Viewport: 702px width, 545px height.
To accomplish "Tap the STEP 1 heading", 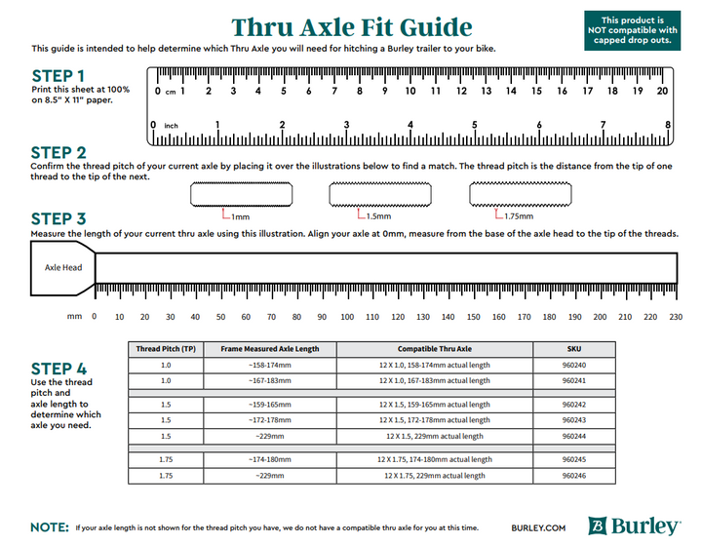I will [58, 75].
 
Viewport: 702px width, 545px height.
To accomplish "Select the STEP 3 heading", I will [58, 218].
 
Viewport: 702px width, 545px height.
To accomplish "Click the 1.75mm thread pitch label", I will [518, 216].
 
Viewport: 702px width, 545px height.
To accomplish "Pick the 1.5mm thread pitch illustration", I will [379, 196].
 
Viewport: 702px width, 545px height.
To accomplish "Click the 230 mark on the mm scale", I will [675, 317].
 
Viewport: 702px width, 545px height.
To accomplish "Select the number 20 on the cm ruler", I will [662, 92].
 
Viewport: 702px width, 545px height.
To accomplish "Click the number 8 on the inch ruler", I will [668, 125].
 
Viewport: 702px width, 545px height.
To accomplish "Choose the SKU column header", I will [573, 349].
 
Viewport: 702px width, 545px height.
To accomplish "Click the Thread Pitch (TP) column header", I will [165, 349].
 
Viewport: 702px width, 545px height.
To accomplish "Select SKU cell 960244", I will [573, 436].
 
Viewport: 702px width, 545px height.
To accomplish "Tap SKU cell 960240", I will [573, 366].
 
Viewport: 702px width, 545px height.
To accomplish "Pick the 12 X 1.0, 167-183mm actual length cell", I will [434, 381].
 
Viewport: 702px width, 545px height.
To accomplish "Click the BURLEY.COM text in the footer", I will [537, 527].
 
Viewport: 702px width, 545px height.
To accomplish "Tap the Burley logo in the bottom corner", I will [635, 526].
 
